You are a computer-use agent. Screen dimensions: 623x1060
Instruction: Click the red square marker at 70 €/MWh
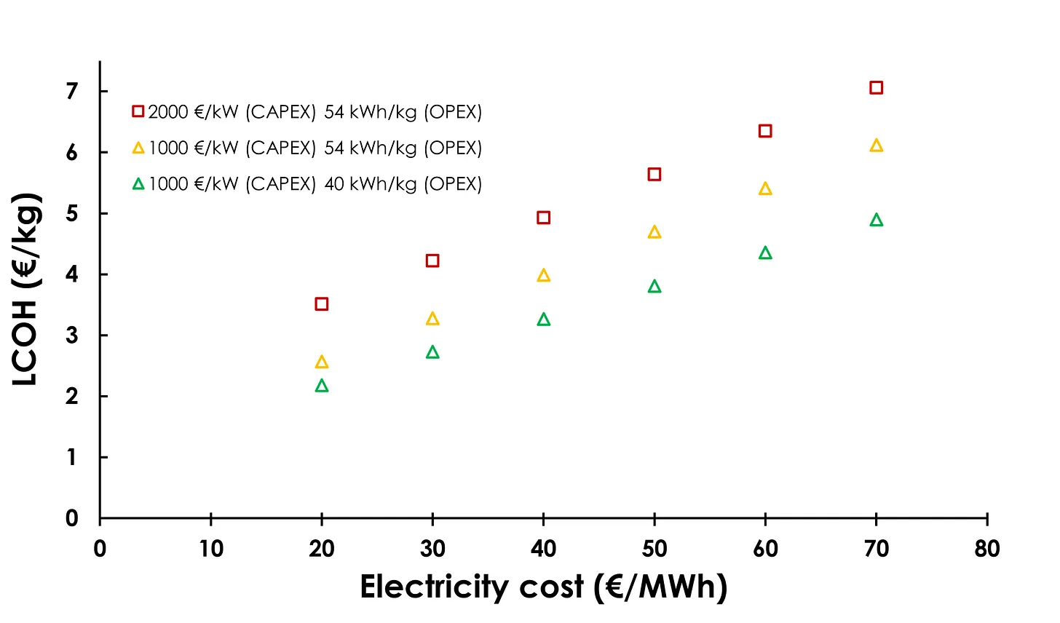[x=876, y=88]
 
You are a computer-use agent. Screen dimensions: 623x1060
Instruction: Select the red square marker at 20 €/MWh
[x=322, y=304]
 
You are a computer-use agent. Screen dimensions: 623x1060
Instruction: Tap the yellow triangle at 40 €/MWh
[x=543, y=276]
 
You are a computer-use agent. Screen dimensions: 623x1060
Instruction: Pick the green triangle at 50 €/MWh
[x=654, y=287]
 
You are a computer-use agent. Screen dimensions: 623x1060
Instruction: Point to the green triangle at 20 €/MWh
[x=322, y=386]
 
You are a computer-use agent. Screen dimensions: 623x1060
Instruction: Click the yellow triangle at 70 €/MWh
[x=876, y=146]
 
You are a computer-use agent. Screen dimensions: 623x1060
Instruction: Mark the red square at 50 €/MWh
[x=654, y=175]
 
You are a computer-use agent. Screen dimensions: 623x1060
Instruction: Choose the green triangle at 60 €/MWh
[x=765, y=253]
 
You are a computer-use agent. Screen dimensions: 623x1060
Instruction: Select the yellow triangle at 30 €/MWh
[x=432, y=319]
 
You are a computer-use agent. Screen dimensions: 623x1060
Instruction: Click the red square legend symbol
[x=138, y=111]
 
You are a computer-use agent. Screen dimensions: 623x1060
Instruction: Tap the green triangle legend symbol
[x=138, y=184]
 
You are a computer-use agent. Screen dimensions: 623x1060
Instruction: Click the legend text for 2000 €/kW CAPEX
[x=315, y=112]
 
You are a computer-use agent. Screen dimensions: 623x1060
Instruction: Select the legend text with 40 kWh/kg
[x=315, y=184]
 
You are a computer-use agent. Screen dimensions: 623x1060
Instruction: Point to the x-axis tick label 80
[x=986, y=549]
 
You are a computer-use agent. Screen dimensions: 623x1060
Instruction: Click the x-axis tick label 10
[x=211, y=549]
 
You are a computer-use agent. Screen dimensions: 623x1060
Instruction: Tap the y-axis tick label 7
[x=71, y=92]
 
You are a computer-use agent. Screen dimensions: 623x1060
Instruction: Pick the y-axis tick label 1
[x=71, y=458]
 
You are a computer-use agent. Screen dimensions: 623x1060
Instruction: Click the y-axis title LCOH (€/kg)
[x=26, y=290]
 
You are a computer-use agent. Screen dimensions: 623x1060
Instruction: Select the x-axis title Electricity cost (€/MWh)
[x=543, y=587]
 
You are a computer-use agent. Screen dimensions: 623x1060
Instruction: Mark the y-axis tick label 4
[x=71, y=275]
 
